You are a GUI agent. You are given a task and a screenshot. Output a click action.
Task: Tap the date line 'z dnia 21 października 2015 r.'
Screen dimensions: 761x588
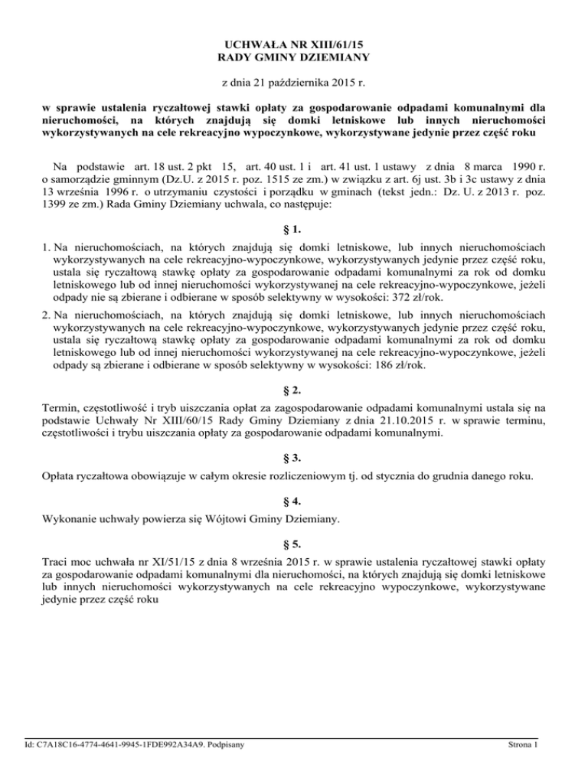(x=294, y=81)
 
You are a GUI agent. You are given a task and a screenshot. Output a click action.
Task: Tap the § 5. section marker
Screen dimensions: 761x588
(x=294, y=544)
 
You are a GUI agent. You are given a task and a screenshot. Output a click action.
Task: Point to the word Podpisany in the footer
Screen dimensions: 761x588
(x=234, y=743)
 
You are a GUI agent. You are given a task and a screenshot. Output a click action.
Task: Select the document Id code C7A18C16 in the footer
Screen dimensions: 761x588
(x=57, y=743)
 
